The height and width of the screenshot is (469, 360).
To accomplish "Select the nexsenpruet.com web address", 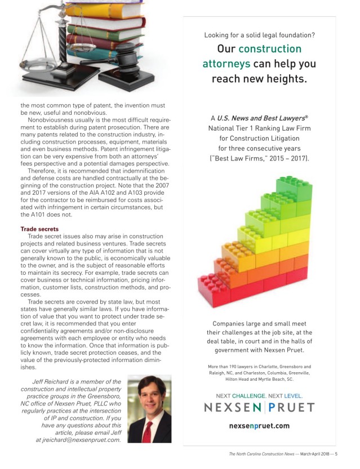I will tap(260, 426).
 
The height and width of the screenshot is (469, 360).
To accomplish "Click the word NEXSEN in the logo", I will tap(232, 407).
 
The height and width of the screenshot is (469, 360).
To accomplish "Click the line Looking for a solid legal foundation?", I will tap(259, 35).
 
